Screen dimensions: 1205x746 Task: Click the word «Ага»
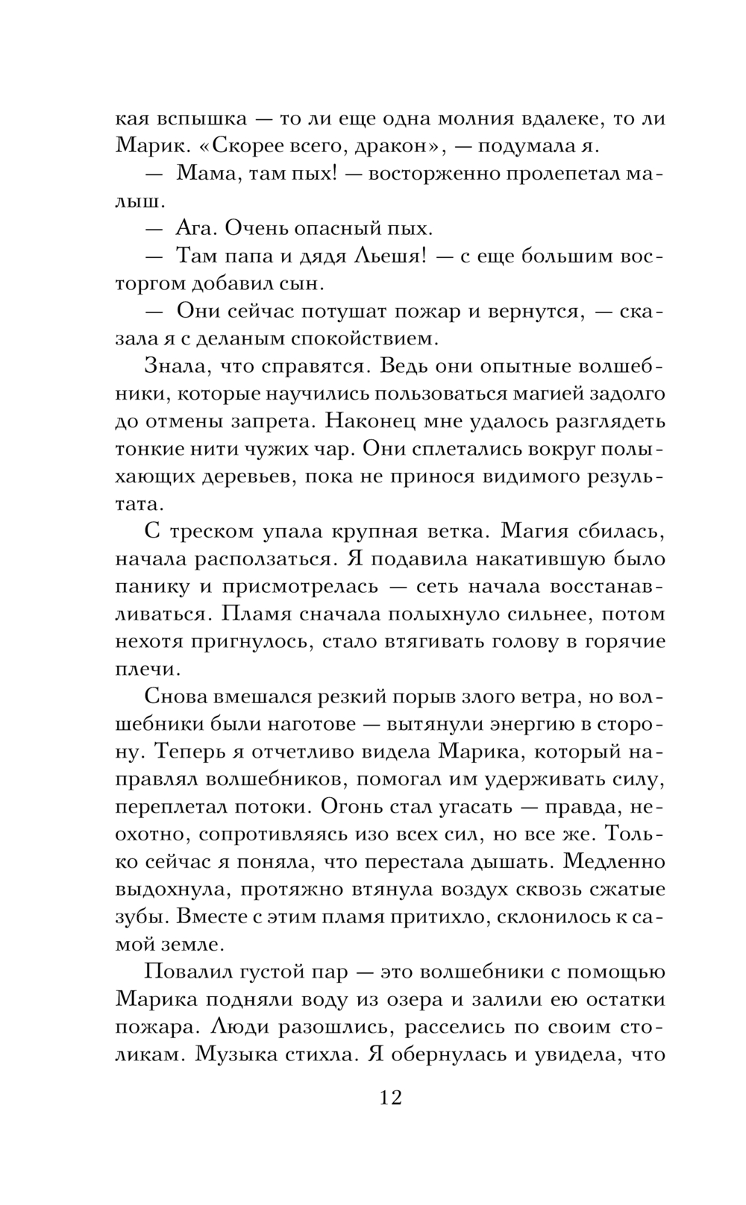coord(196,228)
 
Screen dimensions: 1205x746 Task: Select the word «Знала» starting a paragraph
coord(174,366)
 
